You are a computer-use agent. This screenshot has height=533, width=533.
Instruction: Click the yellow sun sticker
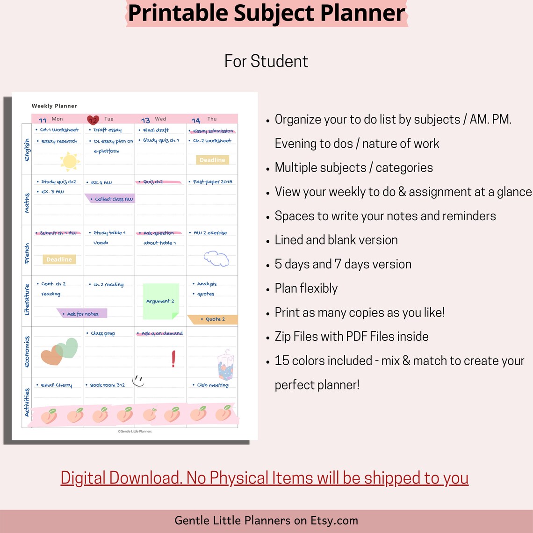click(69, 161)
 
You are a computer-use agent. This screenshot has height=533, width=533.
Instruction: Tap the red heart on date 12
click(93, 120)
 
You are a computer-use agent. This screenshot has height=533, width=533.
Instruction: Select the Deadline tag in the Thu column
click(212, 160)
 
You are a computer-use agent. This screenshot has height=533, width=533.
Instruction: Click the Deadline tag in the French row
click(59, 259)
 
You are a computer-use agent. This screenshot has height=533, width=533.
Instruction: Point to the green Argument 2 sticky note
click(161, 301)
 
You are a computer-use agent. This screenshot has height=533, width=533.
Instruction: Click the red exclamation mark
click(173, 359)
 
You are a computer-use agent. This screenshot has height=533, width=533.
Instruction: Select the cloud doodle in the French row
click(216, 258)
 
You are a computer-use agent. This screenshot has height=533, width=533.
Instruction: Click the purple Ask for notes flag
click(83, 314)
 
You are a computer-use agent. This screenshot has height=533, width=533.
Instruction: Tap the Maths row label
click(27, 203)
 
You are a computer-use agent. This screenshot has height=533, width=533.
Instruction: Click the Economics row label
click(27, 352)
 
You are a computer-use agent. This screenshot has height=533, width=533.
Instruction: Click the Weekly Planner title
click(54, 106)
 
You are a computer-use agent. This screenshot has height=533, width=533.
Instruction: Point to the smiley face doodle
click(138, 381)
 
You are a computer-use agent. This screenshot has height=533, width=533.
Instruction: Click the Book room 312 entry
click(107, 385)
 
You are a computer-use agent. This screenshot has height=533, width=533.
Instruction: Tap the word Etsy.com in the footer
click(334, 520)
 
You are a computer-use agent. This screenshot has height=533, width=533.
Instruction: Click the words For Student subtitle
click(266, 61)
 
